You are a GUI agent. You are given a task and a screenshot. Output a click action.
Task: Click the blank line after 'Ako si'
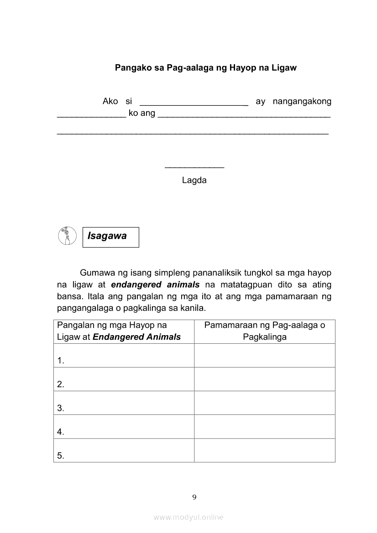coord(194,102)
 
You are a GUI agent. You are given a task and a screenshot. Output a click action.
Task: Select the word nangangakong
coord(302,101)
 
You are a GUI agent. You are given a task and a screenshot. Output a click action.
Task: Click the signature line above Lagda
coord(194,167)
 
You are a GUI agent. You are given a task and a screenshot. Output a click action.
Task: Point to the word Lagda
coord(194,180)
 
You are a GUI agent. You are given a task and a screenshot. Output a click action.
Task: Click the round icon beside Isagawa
coord(68,236)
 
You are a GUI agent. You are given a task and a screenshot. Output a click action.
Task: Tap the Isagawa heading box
coord(110,237)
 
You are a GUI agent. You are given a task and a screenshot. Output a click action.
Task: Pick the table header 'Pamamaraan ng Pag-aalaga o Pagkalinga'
coord(265,331)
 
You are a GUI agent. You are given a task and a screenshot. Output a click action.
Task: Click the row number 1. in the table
coord(61,361)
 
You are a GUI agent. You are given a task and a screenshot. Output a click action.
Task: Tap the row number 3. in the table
coord(61,408)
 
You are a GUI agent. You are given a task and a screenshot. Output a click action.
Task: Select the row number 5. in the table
coord(61,455)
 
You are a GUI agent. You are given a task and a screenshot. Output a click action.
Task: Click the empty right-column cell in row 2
coord(265,379)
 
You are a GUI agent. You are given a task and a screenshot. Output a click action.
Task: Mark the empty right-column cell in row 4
coord(265,426)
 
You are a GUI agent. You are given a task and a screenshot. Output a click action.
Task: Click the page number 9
coord(194,497)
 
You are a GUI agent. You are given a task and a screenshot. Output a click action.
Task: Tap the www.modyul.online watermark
coord(188,517)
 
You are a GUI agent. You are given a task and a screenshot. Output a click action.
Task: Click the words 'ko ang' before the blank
coord(142,113)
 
